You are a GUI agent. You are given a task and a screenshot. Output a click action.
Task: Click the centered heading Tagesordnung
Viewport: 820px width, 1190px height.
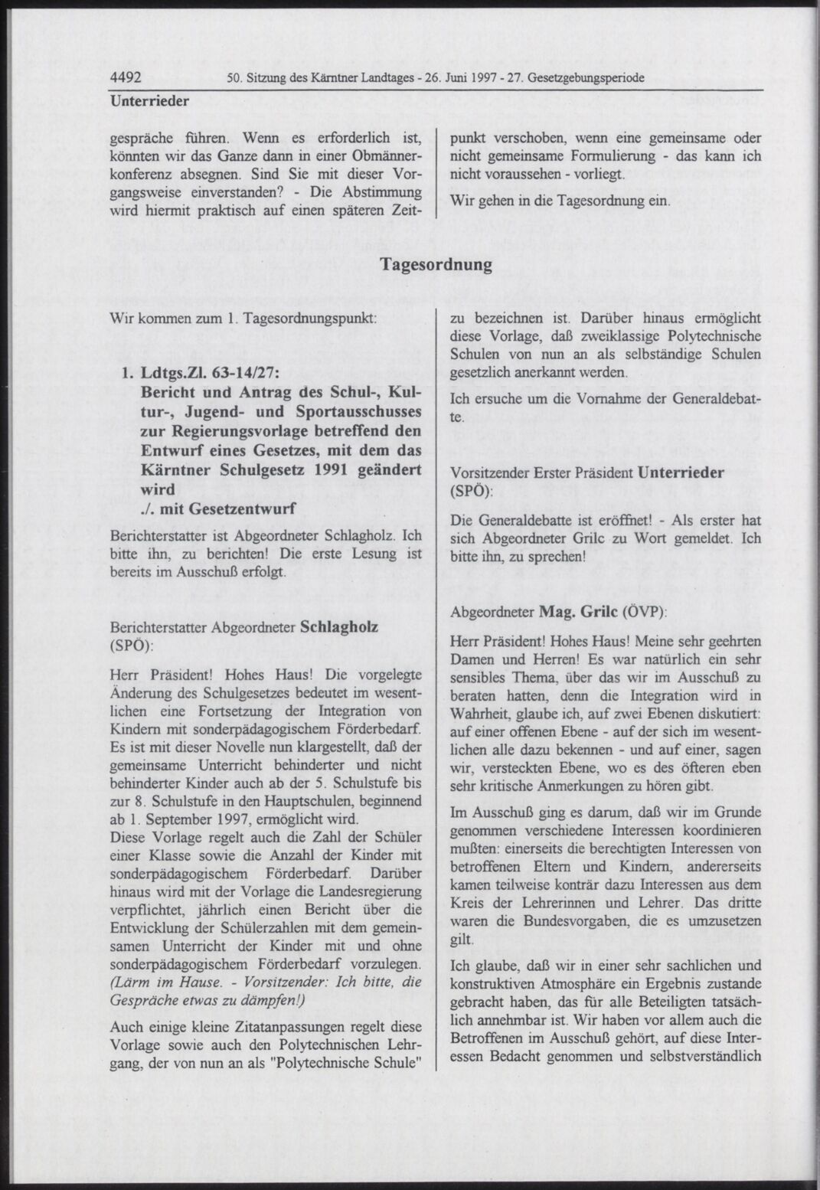click(x=436, y=265)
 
